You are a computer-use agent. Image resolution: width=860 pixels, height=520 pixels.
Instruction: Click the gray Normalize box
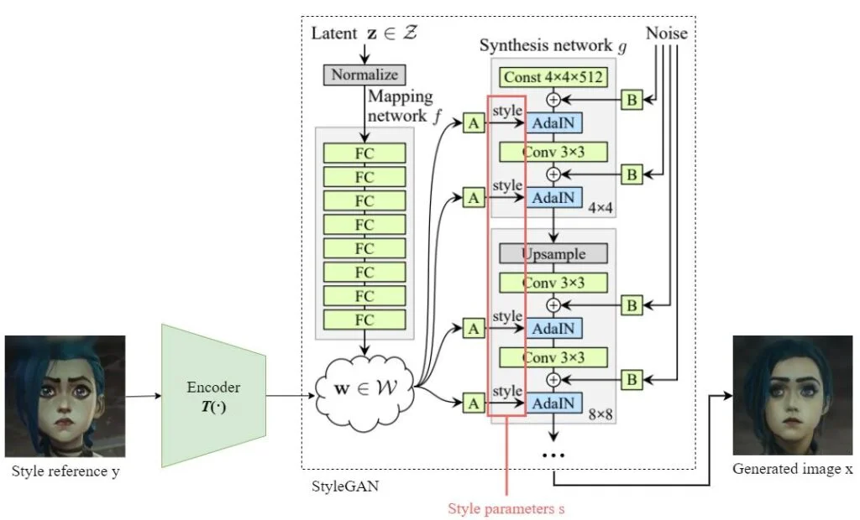pyautogui.click(x=364, y=75)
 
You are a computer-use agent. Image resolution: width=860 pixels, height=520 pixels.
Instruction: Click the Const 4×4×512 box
pyautogui.click(x=553, y=77)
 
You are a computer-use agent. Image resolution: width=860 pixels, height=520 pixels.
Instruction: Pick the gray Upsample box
pyautogui.click(x=553, y=252)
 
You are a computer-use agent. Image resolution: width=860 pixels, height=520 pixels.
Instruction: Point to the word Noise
pyautogui.click(x=667, y=33)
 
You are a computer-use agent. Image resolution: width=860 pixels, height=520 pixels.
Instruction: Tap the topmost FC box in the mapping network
pyautogui.click(x=364, y=153)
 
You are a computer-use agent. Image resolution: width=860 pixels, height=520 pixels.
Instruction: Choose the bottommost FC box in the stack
pyautogui.click(x=364, y=320)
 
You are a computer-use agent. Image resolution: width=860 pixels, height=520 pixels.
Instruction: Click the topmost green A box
pyautogui.click(x=474, y=124)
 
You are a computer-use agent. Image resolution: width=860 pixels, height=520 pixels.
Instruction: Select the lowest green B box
pyautogui.click(x=632, y=380)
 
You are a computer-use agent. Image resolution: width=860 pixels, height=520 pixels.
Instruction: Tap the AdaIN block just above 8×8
pyautogui.click(x=553, y=403)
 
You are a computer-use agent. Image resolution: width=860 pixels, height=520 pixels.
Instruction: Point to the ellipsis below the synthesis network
pyautogui.click(x=553, y=454)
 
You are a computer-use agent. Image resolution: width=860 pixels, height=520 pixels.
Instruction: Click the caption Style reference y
pyautogui.click(x=66, y=471)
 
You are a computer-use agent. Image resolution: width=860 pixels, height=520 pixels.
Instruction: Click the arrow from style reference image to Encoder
pyautogui.click(x=144, y=395)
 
